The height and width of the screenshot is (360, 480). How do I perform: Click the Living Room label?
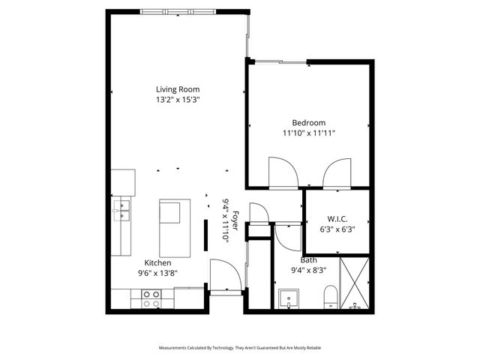click(x=178, y=88)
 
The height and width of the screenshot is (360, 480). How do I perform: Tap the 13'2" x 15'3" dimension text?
click(x=178, y=99)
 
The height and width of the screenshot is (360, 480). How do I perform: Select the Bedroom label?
click(x=309, y=122)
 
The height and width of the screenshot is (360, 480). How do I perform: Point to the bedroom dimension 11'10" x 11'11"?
click(x=309, y=133)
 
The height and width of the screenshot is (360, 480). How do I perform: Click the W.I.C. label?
click(x=337, y=219)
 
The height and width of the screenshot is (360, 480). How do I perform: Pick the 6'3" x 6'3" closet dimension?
click(x=337, y=229)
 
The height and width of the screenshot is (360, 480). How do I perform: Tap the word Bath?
click(x=309, y=259)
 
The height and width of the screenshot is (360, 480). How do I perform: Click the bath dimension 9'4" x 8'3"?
click(x=309, y=270)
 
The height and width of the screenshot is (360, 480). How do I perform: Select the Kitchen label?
click(x=158, y=262)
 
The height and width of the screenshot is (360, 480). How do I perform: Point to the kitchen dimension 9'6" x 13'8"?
click(x=158, y=273)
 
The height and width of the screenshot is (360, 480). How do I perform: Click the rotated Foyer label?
click(x=235, y=220)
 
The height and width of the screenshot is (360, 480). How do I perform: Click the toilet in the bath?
click(x=331, y=298)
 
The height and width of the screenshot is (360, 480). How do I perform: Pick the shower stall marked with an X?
click(x=354, y=283)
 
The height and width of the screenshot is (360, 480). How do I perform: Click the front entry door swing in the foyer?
click(x=224, y=274)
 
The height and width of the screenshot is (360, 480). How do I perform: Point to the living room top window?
click(x=178, y=12)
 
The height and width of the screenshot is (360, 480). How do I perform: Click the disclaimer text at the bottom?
click(x=240, y=348)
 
